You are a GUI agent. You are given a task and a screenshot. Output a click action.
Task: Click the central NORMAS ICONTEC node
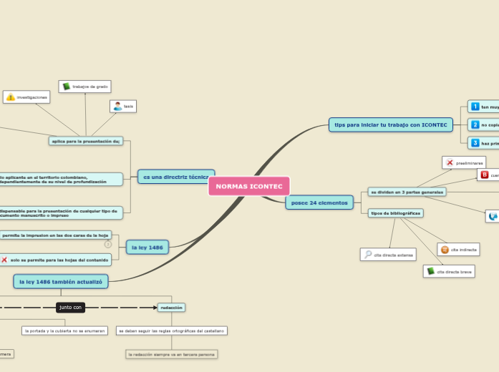pos(249,186)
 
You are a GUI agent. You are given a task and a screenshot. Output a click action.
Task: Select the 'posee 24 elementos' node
pos(319,203)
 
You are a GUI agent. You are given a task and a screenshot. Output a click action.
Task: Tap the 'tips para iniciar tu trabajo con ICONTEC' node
pos(390,125)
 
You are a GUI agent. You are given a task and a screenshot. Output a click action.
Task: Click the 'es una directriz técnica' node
pos(176,177)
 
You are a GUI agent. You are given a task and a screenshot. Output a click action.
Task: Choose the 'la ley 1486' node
pos(147,248)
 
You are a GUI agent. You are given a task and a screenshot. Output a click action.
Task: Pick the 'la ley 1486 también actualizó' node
pos(61,282)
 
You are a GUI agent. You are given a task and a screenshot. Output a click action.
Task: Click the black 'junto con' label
pos(71,307)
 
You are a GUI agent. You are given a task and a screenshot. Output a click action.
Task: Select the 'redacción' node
pos(171,307)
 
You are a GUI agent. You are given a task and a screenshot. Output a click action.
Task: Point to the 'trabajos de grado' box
pos(85,87)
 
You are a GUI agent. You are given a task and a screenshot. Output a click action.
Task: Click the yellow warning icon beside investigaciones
pos(11,97)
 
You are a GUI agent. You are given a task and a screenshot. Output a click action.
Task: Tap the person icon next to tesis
pos(117,107)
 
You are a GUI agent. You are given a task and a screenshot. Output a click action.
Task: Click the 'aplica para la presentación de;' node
pos(86,141)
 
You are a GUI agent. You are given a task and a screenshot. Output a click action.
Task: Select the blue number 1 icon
pos(475,107)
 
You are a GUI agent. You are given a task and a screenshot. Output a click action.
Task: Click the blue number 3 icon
pos(475,143)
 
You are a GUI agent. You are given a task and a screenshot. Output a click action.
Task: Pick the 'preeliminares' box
pos(464,162)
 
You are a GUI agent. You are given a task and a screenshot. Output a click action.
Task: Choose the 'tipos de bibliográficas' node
pos(395,213)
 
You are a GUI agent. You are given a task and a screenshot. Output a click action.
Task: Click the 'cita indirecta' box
pos(458,249)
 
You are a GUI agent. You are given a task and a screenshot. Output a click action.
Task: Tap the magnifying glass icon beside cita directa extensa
pos(368,255)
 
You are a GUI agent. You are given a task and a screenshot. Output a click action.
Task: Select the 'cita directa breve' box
pos(449,271)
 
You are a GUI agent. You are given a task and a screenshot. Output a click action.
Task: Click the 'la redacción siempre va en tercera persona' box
pos(170,354)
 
